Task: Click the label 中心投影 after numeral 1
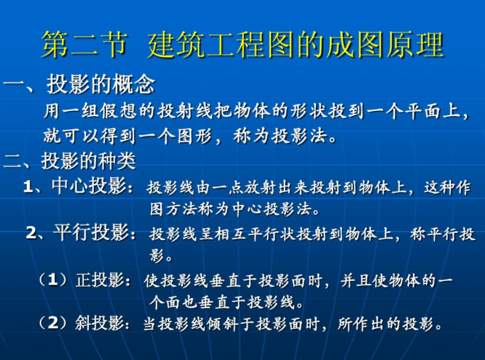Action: pyautogui.click(x=89, y=187)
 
